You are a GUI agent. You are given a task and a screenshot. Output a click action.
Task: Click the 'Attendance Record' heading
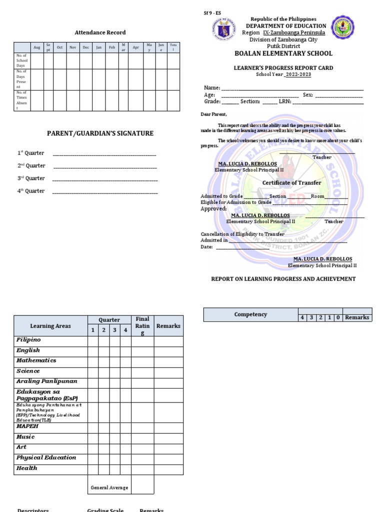click(100, 32)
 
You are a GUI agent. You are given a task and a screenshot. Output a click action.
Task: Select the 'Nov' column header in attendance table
click(72, 47)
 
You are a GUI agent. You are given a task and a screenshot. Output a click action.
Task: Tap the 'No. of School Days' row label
click(22, 60)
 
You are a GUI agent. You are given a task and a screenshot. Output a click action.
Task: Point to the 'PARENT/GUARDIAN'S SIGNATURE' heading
click(100, 133)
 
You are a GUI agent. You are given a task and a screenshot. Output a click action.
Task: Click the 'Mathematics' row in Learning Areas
click(36, 360)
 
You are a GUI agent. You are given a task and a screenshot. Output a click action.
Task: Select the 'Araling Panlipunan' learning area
click(46, 381)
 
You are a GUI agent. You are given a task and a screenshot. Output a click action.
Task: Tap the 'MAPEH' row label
click(27, 426)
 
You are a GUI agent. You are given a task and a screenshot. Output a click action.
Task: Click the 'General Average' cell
click(109, 487)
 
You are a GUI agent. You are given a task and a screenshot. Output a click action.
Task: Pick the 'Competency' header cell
click(250, 314)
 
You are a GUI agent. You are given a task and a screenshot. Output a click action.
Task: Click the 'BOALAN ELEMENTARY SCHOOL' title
click(283, 53)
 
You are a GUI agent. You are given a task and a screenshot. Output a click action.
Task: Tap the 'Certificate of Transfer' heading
click(291, 183)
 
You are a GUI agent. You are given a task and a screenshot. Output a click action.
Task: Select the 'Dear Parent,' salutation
click(213, 114)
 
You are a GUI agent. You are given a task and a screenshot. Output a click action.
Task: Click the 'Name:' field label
click(212, 88)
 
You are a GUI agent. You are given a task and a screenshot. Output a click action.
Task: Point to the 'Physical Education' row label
click(46, 457)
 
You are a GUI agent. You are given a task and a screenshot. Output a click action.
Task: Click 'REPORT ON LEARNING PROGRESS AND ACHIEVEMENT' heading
click(283, 279)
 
